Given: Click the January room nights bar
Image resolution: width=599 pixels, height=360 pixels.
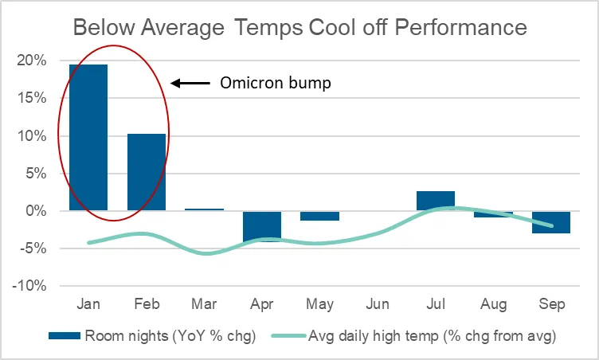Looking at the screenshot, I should point(88,138).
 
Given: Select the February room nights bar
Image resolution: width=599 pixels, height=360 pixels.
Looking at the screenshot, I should point(147,172).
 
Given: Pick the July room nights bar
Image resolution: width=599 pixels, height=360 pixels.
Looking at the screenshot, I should point(436,202).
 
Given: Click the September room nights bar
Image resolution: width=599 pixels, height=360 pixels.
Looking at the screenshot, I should point(551,222).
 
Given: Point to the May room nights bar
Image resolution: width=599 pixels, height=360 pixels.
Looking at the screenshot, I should point(320,216).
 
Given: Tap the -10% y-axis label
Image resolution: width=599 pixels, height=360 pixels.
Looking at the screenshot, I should point(31,286).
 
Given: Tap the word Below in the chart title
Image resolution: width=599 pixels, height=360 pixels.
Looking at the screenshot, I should point(104,28).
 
